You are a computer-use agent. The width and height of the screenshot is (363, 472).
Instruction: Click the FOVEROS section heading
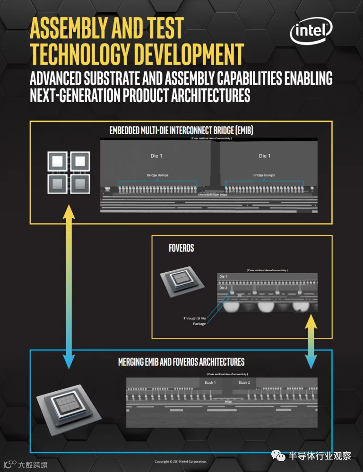click(181, 248)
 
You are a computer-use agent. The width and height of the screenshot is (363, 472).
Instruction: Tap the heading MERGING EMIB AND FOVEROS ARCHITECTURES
click(181, 362)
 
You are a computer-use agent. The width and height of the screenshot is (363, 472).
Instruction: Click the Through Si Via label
click(194, 318)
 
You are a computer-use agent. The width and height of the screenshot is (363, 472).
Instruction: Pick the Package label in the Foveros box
click(199, 324)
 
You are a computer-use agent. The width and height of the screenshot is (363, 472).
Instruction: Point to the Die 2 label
click(223, 287)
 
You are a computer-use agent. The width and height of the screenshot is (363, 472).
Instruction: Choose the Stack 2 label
click(244, 382)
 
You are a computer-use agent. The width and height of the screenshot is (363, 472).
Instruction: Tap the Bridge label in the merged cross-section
click(228, 402)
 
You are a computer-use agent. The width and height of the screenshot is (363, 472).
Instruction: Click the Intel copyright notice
click(181, 461)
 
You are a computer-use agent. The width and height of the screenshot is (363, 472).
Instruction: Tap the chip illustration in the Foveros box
click(181, 284)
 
